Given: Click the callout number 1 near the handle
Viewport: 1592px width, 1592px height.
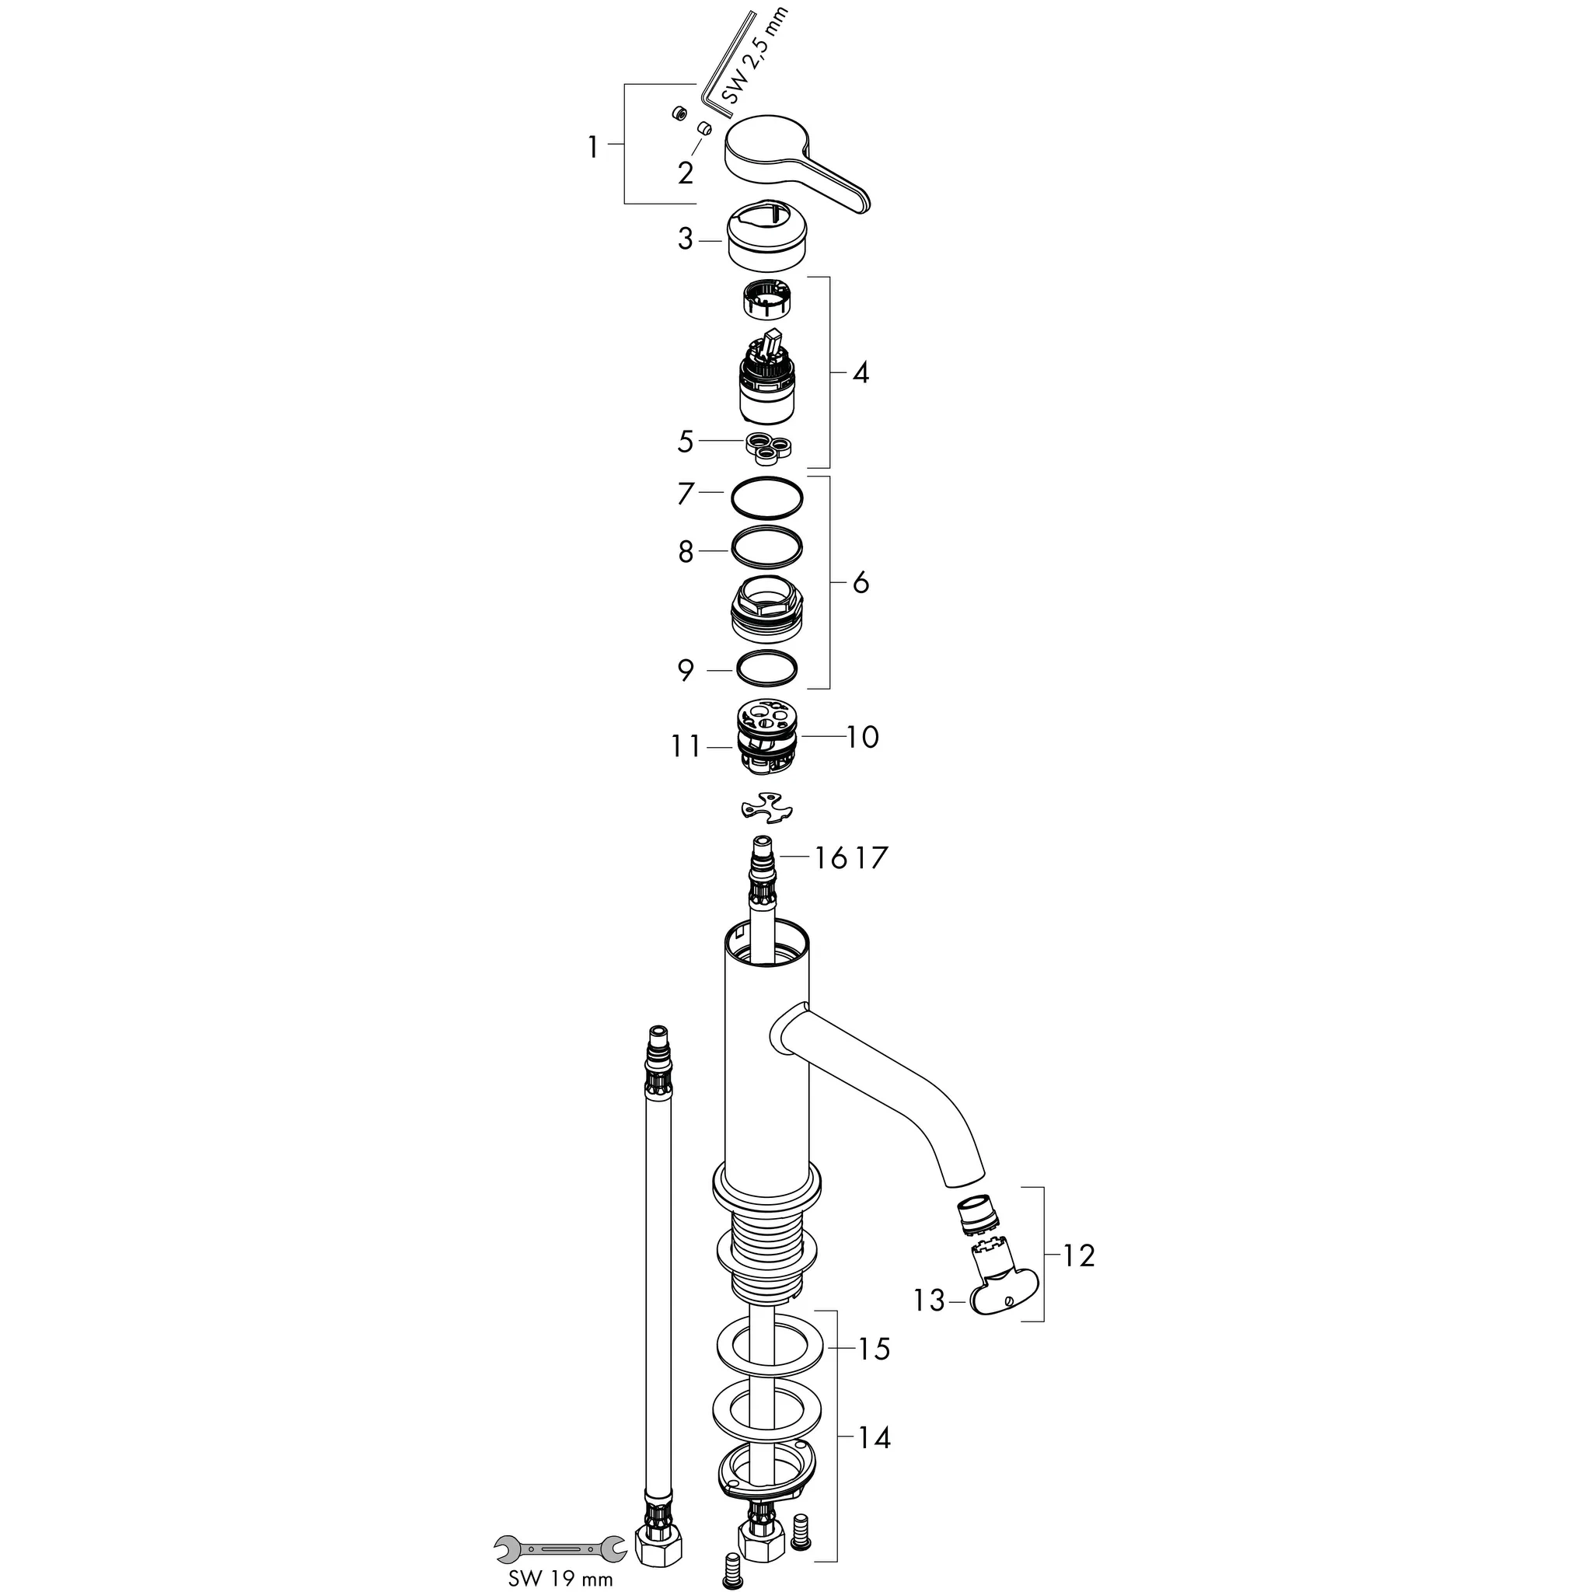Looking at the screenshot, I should tap(592, 148).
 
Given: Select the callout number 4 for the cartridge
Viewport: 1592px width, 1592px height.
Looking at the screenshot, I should tap(861, 373).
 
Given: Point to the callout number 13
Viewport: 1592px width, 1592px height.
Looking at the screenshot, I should tap(929, 1300).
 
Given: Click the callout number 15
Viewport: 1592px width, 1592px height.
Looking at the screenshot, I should tap(875, 1349).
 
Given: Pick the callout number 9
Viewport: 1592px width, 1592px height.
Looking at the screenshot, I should tap(686, 671).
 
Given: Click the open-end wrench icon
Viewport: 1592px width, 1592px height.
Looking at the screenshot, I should tap(559, 1549).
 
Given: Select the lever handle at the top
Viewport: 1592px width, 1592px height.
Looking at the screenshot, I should tap(791, 165).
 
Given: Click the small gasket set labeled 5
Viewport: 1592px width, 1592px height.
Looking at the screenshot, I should tap(768, 445).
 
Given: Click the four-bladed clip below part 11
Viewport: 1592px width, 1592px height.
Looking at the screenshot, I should tap(766, 807).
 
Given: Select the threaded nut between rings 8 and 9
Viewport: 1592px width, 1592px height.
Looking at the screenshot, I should tap(766, 608).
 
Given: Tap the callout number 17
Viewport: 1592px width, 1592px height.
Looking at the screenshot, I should tap(872, 858).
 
